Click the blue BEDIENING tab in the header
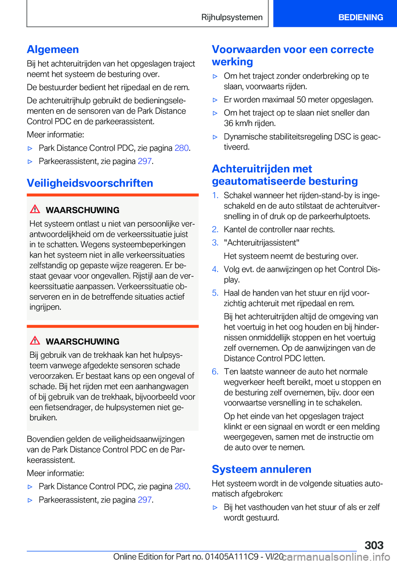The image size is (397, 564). coord(360,17)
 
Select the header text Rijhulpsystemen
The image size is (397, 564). coord(232,17)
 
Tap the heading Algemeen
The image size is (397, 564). coord(53,50)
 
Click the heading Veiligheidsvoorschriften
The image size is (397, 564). coord(90,183)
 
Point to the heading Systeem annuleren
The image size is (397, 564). coord(261,469)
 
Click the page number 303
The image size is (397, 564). coord(374,545)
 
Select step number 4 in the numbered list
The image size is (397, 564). coord(215,270)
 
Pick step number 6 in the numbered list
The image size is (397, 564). coord(215,372)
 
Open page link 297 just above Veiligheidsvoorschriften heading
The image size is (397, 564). coord(144,161)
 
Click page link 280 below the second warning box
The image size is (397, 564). coord(182,486)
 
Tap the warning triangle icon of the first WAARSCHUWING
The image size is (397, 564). coord(35,209)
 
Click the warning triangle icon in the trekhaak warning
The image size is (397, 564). coord(35,341)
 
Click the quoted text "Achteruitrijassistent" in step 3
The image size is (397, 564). coord(261,243)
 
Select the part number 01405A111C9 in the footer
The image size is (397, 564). coord(232,557)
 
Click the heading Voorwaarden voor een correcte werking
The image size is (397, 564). coord(292,55)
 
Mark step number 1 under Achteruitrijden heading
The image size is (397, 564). coord(215,195)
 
